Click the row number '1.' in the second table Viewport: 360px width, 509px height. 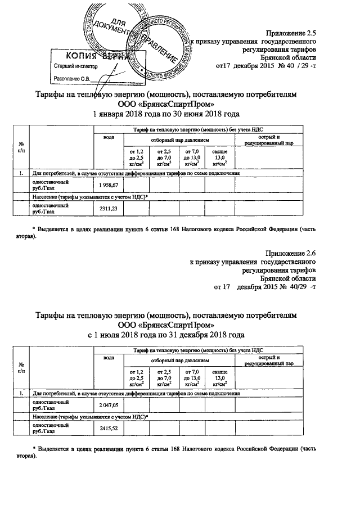[x=21, y=393]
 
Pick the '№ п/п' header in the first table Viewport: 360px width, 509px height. [x=21, y=148]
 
